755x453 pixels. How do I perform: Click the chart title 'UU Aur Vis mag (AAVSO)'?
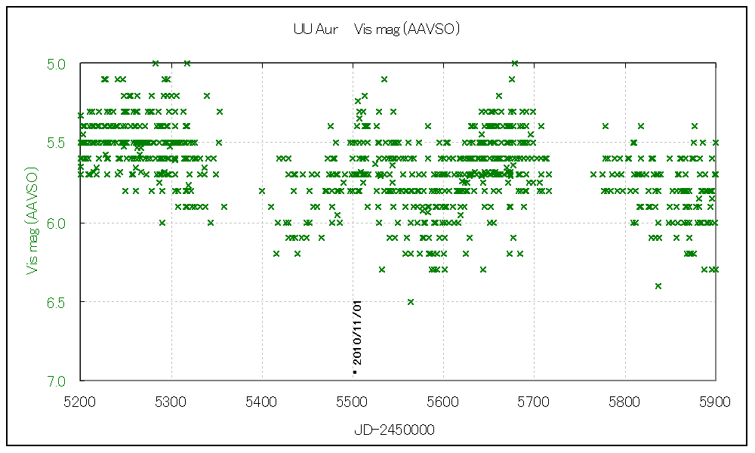point(377,29)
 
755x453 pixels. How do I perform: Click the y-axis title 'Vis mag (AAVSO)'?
point(32,221)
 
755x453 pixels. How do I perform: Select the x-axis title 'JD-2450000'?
point(394,430)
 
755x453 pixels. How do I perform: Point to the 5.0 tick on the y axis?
point(56,63)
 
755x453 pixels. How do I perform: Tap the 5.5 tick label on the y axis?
point(56,143)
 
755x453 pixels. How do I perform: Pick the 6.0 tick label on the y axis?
point(56,223)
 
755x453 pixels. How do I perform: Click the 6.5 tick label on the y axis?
point(56,302)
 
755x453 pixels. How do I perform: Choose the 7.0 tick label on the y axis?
point(56,381)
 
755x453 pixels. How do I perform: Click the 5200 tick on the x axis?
point(81,402)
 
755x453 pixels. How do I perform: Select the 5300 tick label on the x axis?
point(171,402)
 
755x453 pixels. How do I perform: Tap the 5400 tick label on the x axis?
point(262,402)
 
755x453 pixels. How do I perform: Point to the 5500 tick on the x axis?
point(353,402)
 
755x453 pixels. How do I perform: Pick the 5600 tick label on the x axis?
point(443,402)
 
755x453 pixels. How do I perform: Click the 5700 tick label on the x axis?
point(534,402)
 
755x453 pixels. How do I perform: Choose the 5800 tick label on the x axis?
point(624,402)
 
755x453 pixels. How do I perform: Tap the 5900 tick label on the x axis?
point(714,402)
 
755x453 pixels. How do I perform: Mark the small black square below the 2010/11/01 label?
point(354,372)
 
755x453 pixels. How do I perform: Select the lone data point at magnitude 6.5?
point(411,302)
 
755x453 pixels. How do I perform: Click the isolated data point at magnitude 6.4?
point(658,286)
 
